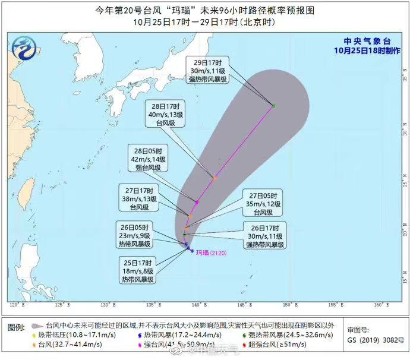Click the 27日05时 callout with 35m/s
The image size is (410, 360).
coord(263,203)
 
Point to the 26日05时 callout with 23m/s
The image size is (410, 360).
coord(134,235)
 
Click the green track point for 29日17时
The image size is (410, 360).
coord(273,106)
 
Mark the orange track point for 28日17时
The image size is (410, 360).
coord(215,178)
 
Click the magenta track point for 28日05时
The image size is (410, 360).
coord(197,203)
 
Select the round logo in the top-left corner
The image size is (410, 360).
coord(24,47)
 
